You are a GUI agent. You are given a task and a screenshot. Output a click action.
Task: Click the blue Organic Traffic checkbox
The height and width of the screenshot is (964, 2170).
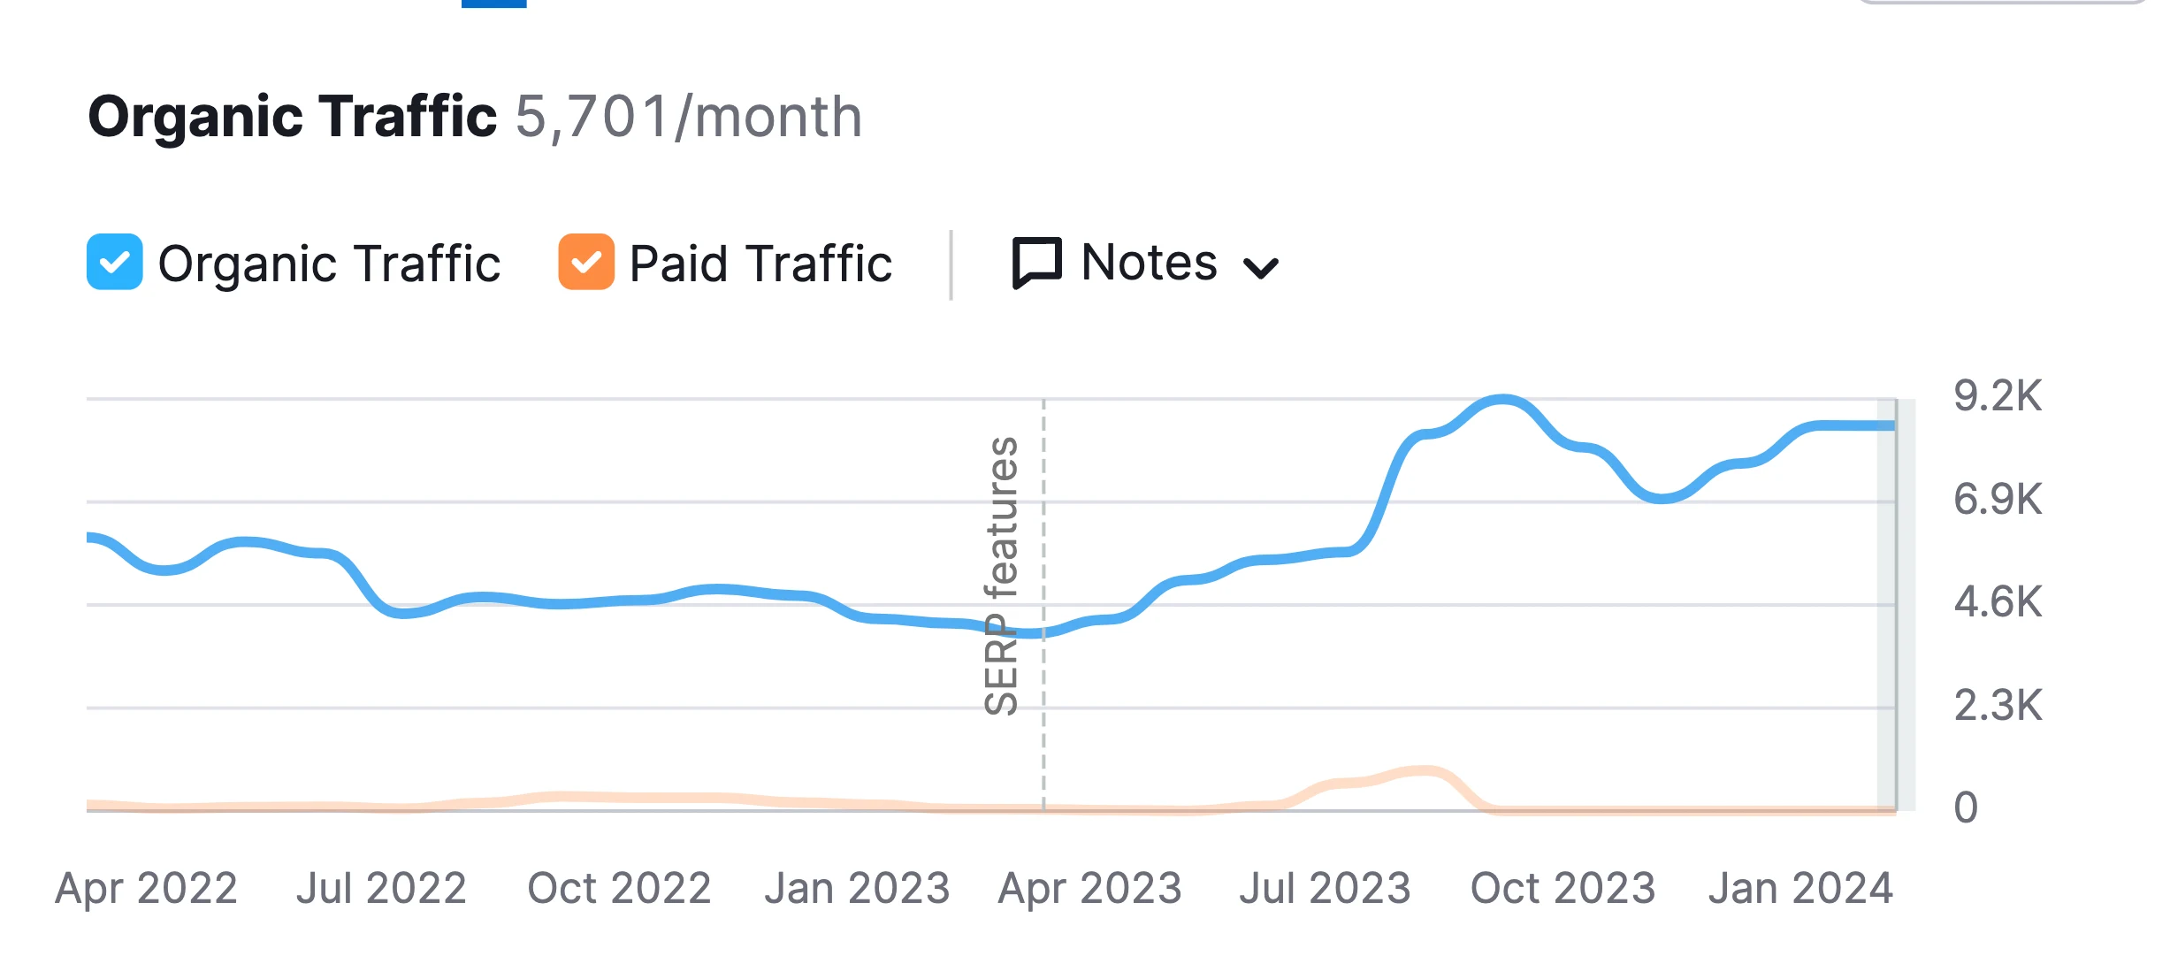pyautogui.click(x=115, y=262)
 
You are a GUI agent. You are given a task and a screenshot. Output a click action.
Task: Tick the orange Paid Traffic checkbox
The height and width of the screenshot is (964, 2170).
pyautogui.click(x=586, y=262)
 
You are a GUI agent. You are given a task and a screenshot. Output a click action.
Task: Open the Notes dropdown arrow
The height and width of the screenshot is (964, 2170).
pyautogui.click(x=1260, y=267)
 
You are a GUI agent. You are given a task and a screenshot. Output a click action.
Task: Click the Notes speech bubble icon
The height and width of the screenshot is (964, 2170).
pyautogui.click(x=1036, y=263)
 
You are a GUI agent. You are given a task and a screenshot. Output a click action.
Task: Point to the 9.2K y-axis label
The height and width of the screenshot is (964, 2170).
pyautogui.click(x=1998, y=395)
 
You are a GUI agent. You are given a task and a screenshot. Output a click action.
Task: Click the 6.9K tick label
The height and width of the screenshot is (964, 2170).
pyautogui.click(x=1998, y=500)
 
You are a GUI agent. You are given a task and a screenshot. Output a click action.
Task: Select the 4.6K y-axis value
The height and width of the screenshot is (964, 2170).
pyautogui.click(x=1998, y=602)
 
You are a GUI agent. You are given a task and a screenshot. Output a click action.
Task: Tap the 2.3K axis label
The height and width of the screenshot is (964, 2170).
pyautogui.click(x=1998, y=706)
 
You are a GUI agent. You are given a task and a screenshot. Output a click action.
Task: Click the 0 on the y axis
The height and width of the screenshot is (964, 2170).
pyautogui.click(x=1965, y=807)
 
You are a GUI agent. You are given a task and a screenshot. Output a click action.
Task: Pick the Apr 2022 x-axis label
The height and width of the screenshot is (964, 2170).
pyautogui.click(x=147, y=888)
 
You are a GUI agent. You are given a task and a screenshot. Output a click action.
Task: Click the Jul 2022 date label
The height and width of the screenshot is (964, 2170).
pyautogui.click(x=381, y=888)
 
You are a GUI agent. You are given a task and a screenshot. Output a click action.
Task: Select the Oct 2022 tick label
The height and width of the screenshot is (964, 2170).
pyautogui.click(x=619, y=888)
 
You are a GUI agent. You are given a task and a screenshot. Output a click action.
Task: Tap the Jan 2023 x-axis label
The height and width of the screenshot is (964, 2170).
pyautogui.click(x=857, y=888)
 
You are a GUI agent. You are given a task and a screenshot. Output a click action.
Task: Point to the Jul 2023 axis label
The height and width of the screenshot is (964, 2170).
pyautogui.click(x=1325, y=888)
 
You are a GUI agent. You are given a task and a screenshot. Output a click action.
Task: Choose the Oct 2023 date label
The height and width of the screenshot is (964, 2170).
pyautogui.click(x=1563, y=888)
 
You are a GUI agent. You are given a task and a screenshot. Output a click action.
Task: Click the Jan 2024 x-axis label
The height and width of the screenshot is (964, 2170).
pyautogui.click(x=1800, y=888)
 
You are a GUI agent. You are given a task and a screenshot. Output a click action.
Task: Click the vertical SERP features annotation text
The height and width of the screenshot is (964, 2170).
pyautogui.click(x=1001, y=575)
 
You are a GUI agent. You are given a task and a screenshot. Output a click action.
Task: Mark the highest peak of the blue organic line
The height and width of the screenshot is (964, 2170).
pyautogui.click(x=1503, y=401)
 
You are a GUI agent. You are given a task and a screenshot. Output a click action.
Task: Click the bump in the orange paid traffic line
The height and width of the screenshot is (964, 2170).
pyautogui.click(x=1424, y=771)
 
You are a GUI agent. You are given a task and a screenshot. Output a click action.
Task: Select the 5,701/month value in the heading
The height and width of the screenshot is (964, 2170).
pyautogui.click(x=688, y=117)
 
